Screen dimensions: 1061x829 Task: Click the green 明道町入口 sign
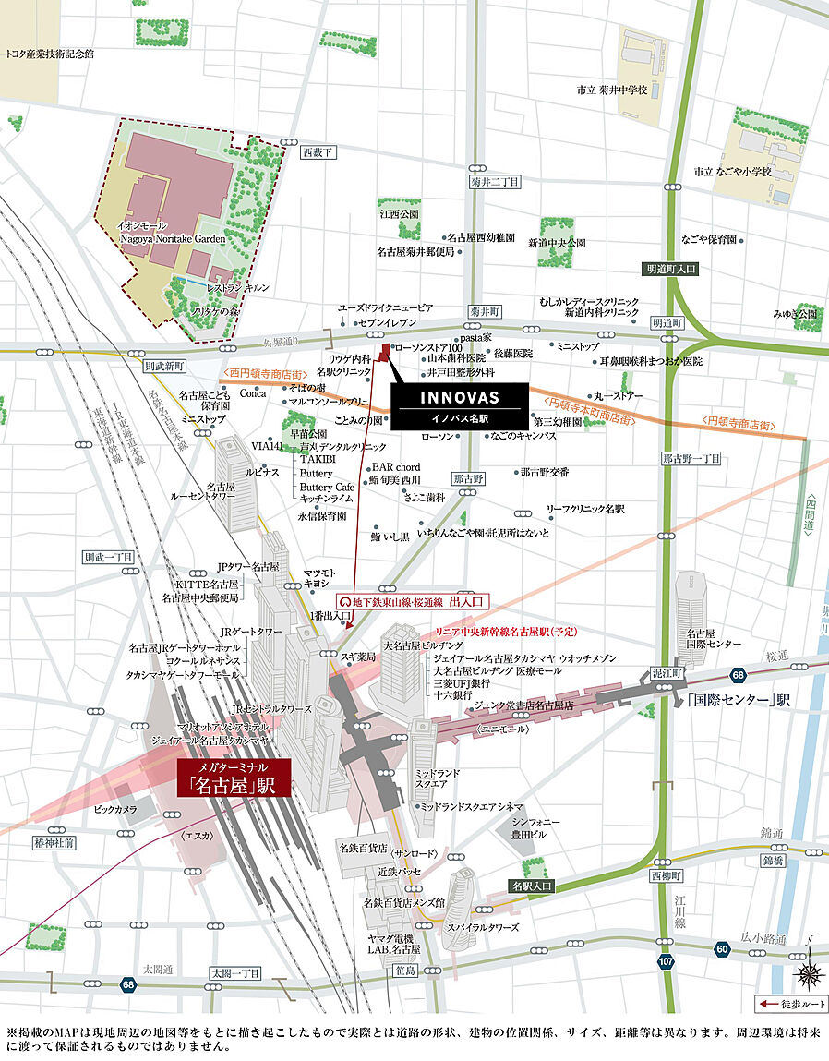672,269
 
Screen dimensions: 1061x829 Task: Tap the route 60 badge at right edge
722,948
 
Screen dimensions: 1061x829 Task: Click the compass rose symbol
810,971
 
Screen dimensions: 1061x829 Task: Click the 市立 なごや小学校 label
734,172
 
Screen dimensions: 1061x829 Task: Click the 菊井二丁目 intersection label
495,182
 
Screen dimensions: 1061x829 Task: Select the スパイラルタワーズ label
483,927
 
